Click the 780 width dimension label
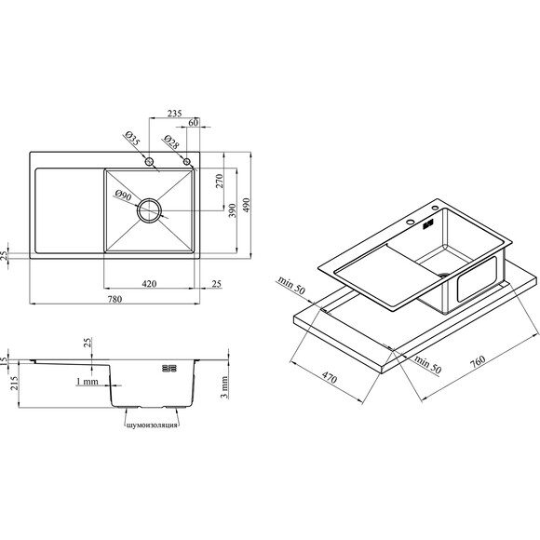point(115,299)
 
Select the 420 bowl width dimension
point(149,284)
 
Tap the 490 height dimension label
point(247,205)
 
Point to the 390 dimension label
point(233,210)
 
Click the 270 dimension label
point(220,181)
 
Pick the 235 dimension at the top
point(175,114)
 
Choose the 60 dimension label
point(194,122)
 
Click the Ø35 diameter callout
point(132,139)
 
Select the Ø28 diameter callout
point(170,142)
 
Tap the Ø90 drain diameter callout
point(123,196)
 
